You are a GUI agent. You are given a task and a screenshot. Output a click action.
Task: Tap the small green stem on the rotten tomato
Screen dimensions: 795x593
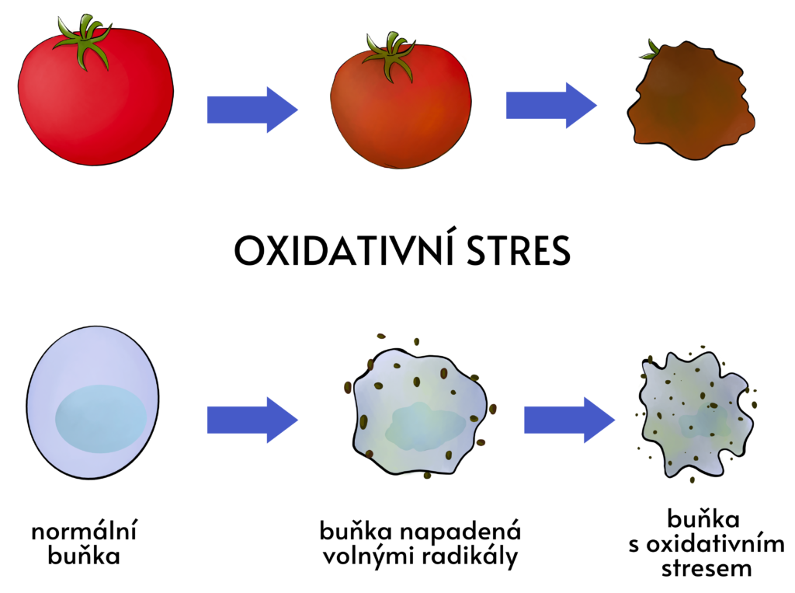(651, 50)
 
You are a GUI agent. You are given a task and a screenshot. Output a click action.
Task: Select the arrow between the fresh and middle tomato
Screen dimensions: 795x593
(252, 110)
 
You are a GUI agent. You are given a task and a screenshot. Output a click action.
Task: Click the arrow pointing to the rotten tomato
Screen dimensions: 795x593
(552, 106)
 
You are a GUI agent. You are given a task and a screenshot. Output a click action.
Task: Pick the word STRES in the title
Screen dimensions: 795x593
(519, 251)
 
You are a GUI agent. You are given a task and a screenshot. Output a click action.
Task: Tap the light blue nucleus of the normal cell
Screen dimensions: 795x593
(101, 419)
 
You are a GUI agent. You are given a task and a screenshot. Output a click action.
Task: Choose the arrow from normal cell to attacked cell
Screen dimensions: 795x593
(252, 420)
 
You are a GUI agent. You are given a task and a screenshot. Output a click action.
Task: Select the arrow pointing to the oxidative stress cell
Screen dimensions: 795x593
(569, 420)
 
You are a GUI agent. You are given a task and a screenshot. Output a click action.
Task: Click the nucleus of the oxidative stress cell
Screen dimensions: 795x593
(705, 420)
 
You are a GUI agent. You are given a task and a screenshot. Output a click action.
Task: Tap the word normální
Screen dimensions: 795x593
(84, 531)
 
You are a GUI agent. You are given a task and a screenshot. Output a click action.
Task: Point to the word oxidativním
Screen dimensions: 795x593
(715, 544)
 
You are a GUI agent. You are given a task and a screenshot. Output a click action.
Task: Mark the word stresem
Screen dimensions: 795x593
(706, 568)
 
